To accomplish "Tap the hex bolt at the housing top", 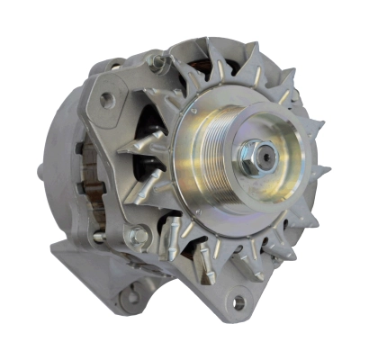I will [158, 63].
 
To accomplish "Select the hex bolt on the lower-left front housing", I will [139, 238].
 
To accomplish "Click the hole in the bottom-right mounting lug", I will [238, 303].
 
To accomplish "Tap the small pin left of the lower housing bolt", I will [100, 236].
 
